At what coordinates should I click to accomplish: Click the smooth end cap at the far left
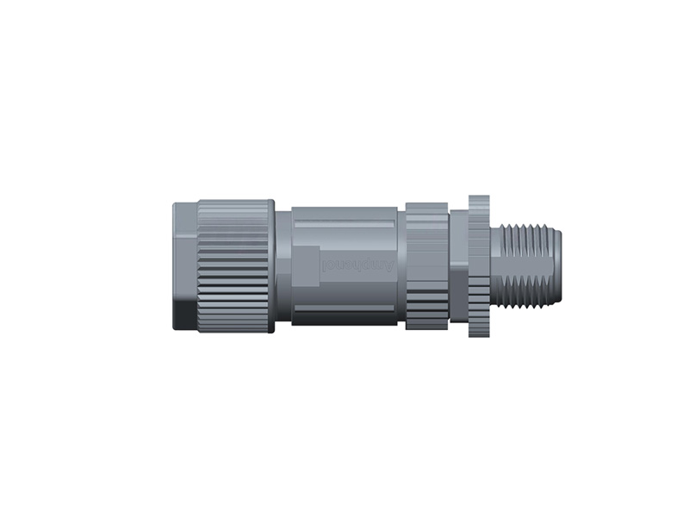pyautogui.click(x=184, y=258)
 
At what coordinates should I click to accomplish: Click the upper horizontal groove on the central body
pyautogui.click(x=344, y=225)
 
